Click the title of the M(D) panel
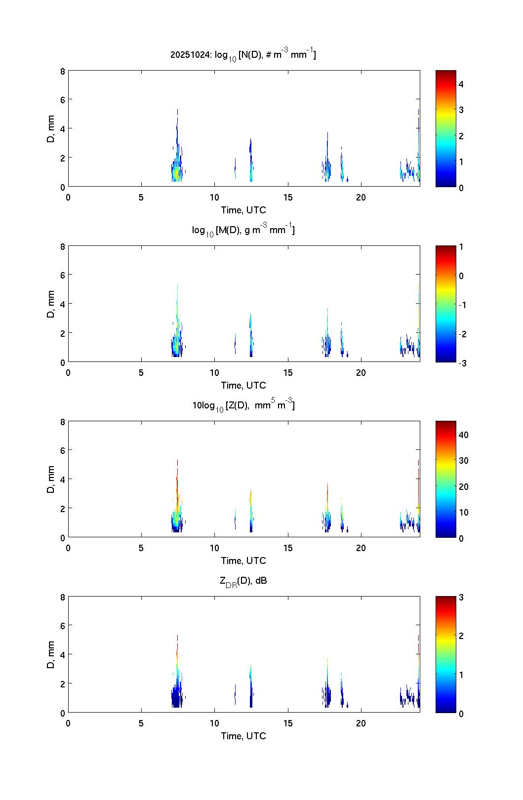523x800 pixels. (243, 230)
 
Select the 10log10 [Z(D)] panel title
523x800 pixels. (243, 405)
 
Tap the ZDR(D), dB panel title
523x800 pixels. (243, 581)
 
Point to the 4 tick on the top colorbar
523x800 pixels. (461, 84)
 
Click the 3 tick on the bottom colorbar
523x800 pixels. (461, 598)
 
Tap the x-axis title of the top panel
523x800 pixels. (243, 210)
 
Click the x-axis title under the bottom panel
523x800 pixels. (243, 736)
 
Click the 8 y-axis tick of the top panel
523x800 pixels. (63, 71)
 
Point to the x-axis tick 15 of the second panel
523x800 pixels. (288, 373)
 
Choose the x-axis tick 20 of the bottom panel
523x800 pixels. (361, 723)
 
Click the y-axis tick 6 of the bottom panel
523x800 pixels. (63, 626)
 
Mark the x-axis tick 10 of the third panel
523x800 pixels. (214, 548)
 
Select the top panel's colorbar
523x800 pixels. (445, 128)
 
